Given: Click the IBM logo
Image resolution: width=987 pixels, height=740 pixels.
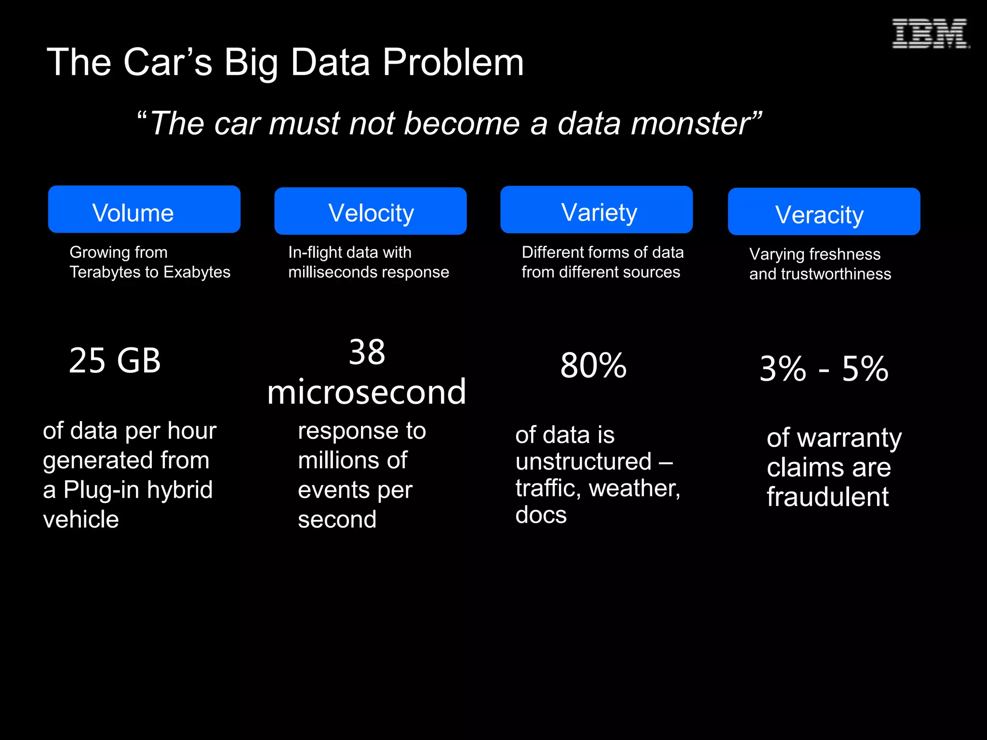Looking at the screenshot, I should pyautogui.click(x=930, y=34).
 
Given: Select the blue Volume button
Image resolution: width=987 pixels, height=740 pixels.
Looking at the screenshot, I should pyautogui.click(x=144, y=210).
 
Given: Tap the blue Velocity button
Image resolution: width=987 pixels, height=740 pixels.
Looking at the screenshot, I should pyautogui.click(x=370, y=211).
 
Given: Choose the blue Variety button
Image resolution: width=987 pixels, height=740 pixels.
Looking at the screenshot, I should pyautogui.click(x=596, y=210).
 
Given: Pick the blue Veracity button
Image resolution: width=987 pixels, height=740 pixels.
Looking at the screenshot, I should pyautogui.click(x=824, y=212).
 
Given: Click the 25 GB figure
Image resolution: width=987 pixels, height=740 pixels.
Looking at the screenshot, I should pyautogui.click(x=115, y=360).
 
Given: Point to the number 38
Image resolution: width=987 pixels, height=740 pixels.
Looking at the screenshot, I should pyautogui.click(x=367, y=352).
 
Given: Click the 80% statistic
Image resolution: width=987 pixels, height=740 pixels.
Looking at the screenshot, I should pyautogui.click(x=593, y=366).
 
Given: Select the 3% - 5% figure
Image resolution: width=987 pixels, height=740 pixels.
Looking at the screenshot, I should pyautogui.click(x=824, y=369).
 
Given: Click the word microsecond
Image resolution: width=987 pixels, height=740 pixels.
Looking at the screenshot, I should pyautogui.click(x=367, y=392).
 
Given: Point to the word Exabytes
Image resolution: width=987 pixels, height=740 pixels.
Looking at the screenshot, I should pyautogui.click(x=197, y=272).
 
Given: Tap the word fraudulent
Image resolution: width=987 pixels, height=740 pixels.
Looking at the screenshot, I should pyautogui.click(x=827, y=497).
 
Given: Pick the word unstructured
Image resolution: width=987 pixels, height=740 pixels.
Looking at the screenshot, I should pyautogui.click(x=583, y=462).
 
